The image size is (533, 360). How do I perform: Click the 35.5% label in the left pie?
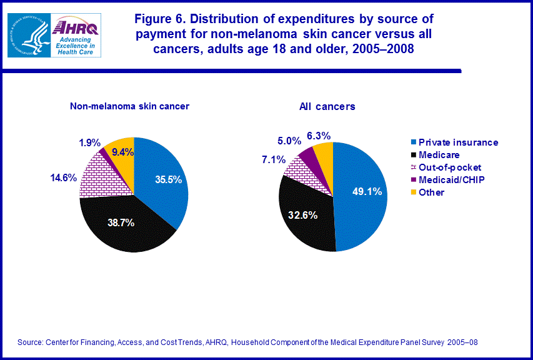169,179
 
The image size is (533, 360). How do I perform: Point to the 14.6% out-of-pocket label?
63,177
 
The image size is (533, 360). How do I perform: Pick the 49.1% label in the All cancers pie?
367,192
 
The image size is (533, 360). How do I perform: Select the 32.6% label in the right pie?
304,215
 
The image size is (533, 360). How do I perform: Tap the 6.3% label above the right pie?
318,136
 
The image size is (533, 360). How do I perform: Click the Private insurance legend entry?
453,142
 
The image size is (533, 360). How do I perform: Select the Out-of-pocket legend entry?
446,167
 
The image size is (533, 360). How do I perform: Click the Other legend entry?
427,192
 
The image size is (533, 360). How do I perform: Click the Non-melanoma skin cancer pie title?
129,106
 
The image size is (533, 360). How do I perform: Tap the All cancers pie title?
327,106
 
